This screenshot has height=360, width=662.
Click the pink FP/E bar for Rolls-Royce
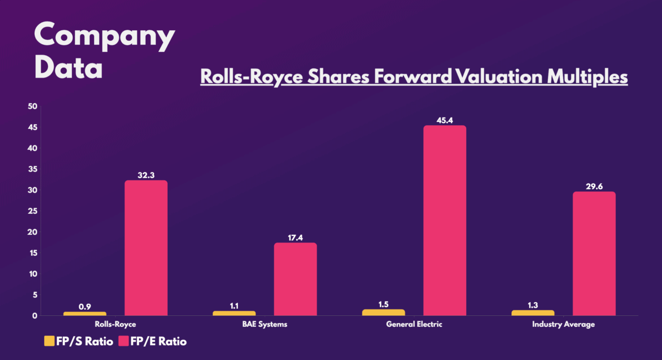click(x=146, y=248)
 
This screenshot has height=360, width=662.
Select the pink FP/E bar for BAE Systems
click(x=295, y=279)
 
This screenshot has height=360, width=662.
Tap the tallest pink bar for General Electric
click(x=445, y=221)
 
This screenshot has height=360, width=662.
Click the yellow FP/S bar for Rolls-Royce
click(x=85, y=314)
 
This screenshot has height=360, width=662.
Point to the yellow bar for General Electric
click(x=383, y=313)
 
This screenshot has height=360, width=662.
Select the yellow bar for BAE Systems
click(x=234, y=313)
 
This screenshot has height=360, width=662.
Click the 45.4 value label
click(x=445, y=120)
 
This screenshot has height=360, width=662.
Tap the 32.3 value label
click(x=146, y=175)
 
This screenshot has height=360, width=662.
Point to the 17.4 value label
click(x=295, y=237)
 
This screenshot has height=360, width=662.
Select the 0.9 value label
click(x=85, y=305)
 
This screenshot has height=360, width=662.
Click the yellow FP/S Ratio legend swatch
click(x=49, y=341)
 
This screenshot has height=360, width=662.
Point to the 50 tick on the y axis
click(x=32, y=106)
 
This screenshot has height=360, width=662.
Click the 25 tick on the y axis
click(x=32, y=211)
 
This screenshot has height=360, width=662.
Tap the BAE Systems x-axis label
click(x=264, y=324)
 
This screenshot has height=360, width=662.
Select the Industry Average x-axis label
click(x=563, y=324)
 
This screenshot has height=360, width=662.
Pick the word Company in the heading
click(x=104, y=36)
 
